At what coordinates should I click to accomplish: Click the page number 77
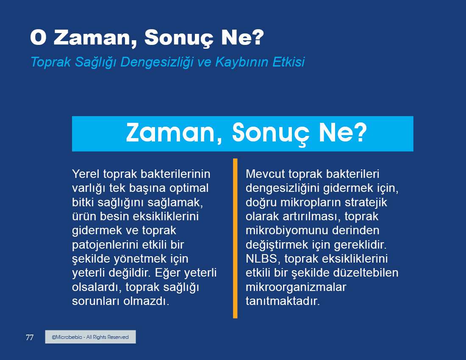click(x=30, y=337)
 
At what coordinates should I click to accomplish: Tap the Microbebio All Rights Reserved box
click(x=90, y=337)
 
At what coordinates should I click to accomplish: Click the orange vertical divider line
click(x=235, y=238)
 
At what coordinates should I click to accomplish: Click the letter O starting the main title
click(x=38, y=37)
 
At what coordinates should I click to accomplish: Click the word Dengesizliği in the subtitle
click(x=157, y=62)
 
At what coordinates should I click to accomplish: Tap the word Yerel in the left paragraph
click(x=86, y=174)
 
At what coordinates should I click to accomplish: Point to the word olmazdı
click(x=146, y=301)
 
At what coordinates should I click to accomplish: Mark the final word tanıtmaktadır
click(x=283, y=301)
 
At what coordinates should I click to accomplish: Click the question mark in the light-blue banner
click(x=361, y=132)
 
